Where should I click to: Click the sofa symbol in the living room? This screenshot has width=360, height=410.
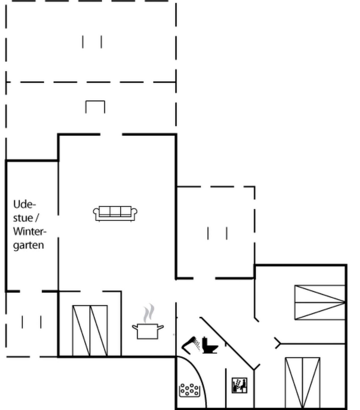coord(115,214)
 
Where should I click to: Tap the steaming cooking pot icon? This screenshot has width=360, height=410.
coord(148,324)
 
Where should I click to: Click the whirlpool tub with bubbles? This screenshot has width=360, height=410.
coord(190,390)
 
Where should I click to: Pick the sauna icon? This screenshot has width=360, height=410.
coord(239,385)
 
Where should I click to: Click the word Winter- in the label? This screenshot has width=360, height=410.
coord(30,232)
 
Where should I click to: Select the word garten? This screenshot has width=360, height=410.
coord(29,246)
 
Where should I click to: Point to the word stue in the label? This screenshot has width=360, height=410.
coord(23,218)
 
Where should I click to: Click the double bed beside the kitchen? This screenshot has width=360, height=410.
coord(90,331)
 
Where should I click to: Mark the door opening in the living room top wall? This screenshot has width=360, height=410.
coord(111,135)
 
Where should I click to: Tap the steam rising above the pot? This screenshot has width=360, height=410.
coord(149,313)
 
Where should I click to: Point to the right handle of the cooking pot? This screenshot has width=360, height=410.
coord(160,328)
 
